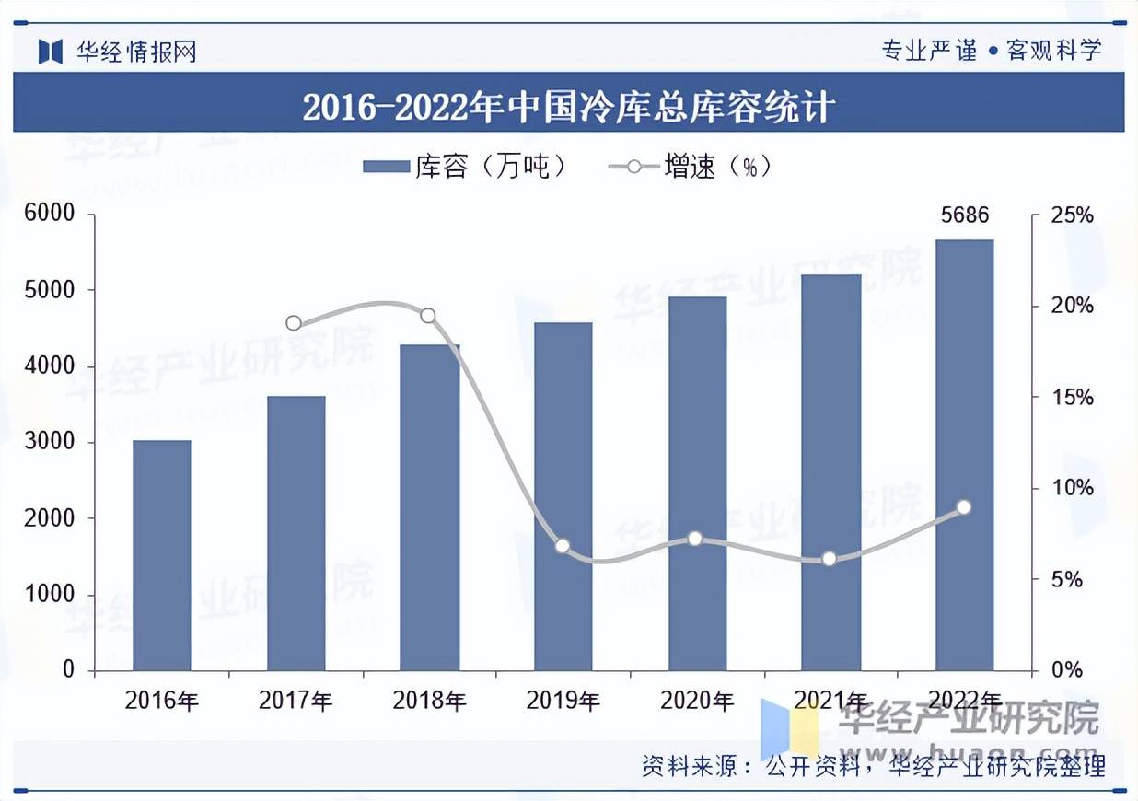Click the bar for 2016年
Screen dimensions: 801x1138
[x=162, y=555]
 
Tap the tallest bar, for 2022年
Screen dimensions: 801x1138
[x=965, y=455]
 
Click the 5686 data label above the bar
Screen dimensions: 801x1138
[x=965, y=216]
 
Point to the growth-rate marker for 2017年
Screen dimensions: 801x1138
[x=294, y=323]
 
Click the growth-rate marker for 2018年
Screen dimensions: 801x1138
[x=428, y=316]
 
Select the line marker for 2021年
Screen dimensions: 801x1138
[x=830, y=559]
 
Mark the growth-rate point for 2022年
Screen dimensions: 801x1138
[x=964, y=507]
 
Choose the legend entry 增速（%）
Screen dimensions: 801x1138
[x=691, y=167]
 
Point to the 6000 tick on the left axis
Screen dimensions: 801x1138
[x=54, y=214]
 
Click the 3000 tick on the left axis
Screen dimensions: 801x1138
[x=54, y=442]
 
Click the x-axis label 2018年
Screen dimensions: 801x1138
[x=429, y=702]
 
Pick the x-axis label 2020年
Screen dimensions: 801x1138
[x=697, y=702]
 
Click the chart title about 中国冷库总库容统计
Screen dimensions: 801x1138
[x=569, y=107]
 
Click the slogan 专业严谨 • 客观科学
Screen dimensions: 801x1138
[x=991, y=51]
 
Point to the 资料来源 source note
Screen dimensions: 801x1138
[x=873, y=766]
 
